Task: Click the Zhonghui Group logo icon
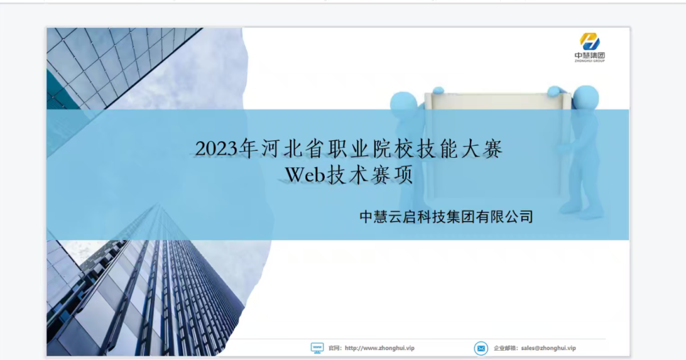[x=589, y=42]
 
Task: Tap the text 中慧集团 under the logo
[x=590, y=55]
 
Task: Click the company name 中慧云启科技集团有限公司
[x=446, y=217]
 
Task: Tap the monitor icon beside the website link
[x=317, y=348]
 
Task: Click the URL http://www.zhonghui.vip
[x=379, y=348]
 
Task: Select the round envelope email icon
[x=481, y=348]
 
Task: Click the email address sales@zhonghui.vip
[x=548, y=348]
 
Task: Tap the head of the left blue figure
[x=403, y=104]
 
